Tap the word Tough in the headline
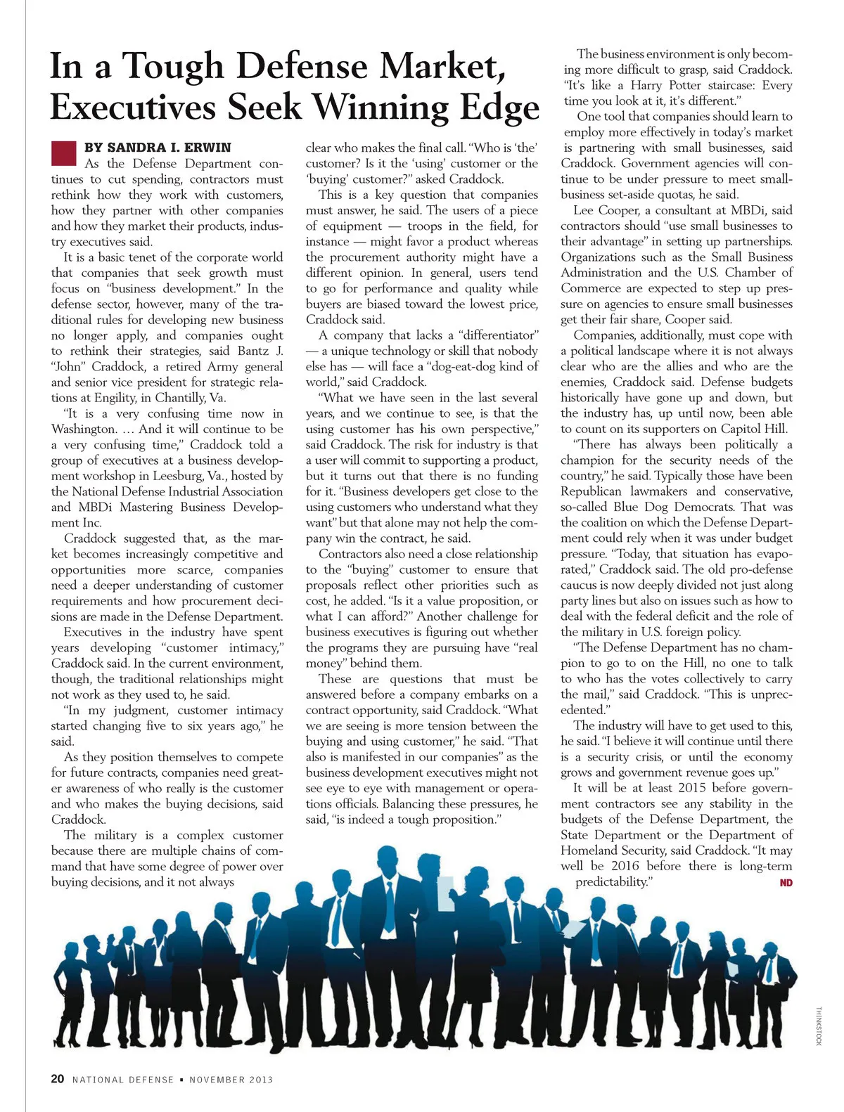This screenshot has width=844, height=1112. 174,67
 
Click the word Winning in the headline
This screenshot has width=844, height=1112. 382,108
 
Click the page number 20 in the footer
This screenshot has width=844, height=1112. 58,1079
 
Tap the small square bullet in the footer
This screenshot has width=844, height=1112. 181,1080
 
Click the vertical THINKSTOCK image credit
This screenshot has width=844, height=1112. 818,1026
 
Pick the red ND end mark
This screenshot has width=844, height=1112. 786,883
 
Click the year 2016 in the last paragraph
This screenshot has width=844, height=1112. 625,866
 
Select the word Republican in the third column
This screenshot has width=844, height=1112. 592,491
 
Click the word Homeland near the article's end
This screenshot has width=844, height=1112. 593,851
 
